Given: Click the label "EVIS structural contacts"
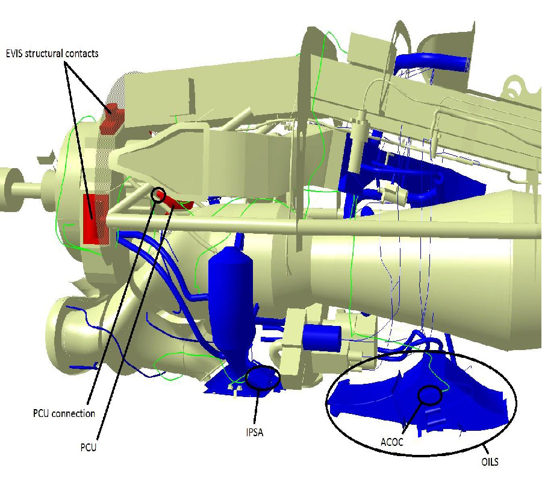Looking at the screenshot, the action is tap(52, 54).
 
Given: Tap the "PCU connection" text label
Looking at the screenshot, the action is tap(64, 413).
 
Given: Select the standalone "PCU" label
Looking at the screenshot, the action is tap(89, 448).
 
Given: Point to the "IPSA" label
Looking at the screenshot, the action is tap(255, 432).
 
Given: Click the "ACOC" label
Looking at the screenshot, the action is tap(392, 442).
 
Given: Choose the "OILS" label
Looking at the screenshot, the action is tap(490, 462).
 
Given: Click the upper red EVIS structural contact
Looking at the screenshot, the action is tap(111, 118).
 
